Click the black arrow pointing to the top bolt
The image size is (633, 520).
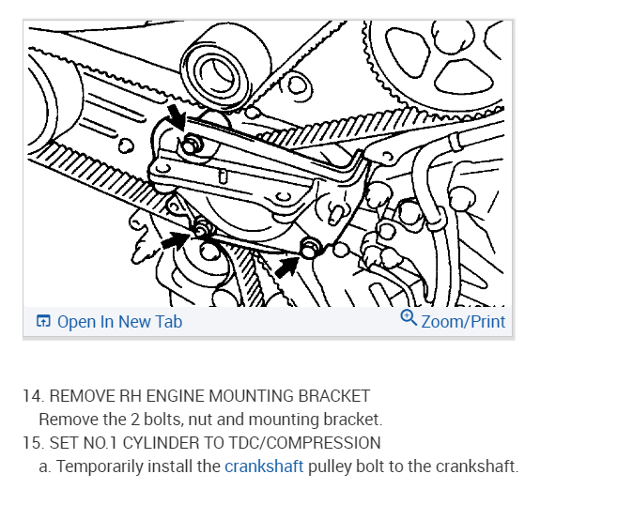[x=175, y=119]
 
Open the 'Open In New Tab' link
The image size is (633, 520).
[x=119, y=322]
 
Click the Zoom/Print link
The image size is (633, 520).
[x=463, y=322]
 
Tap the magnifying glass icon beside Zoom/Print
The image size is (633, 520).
[x=409, y=319]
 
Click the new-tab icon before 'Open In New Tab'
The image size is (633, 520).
[x=43, y=322]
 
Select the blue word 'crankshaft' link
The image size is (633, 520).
[x=264, y=466]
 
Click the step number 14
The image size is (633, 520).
[x=31, y=396]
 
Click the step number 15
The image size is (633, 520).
[x=31, y=443]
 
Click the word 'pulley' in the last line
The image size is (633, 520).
[x=331, y=466]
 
